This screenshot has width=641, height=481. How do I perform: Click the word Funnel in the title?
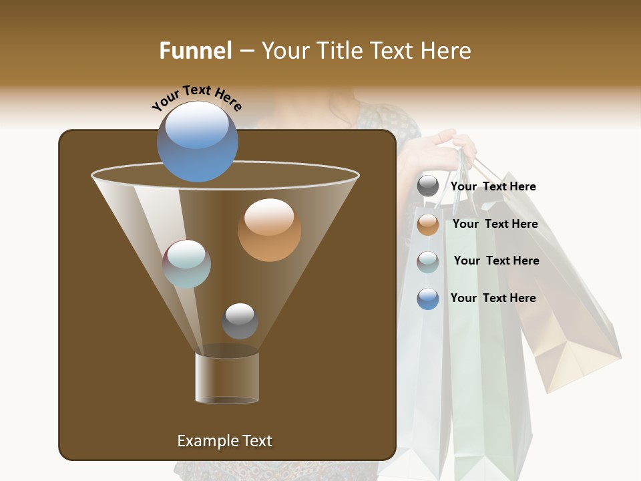point(195,51)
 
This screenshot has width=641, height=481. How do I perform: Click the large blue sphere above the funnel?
point(198,141)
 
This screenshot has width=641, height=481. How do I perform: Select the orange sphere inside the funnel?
point(269,230)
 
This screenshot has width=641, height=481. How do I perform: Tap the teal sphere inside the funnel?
point(187,264)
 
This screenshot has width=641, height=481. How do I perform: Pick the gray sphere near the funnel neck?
point(240,321)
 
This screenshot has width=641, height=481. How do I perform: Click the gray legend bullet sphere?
point(428,186)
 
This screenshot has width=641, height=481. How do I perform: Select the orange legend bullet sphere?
point(428,224)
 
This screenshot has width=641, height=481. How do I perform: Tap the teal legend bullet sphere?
point(428,262)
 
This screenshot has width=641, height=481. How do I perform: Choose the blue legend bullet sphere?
point(428,299)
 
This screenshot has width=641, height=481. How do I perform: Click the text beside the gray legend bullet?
point(493,186)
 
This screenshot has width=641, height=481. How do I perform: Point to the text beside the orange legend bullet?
point(495,224)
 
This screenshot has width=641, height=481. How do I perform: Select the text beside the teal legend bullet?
point(496,261)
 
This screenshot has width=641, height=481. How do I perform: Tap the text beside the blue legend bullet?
point(493,298)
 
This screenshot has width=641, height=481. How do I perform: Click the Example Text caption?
point(224,441)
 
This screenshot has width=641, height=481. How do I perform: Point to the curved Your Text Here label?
point(196,98)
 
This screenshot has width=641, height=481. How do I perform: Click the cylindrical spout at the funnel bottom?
point(227,378)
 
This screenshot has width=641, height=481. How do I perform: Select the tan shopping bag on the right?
point(568,321)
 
